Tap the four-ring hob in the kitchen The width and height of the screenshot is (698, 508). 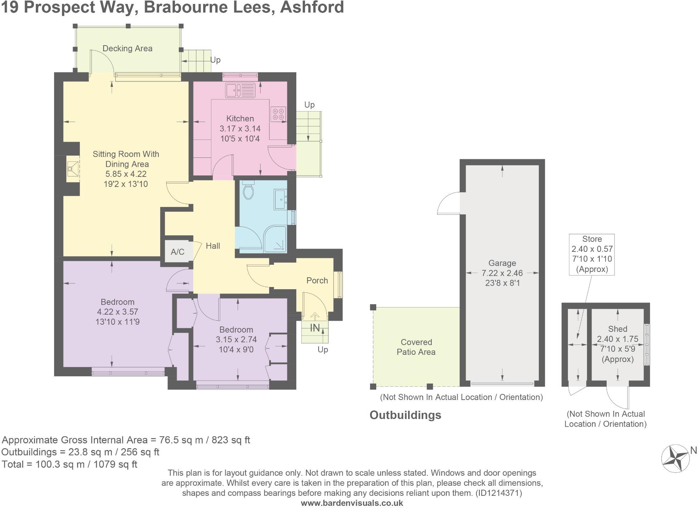tap(278, 114)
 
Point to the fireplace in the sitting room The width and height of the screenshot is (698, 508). tap(73, 169)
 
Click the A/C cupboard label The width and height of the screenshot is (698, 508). tap(177, 251)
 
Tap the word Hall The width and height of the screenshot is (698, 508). tap(213, 246)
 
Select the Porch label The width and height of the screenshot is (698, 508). tap(317, 281)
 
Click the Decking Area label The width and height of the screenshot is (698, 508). tap(127, 48)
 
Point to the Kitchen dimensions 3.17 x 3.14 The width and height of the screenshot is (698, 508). tap(240, 128)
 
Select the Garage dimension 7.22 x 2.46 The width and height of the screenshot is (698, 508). tap(502, 273)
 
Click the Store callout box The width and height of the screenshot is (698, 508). tap(592, 254)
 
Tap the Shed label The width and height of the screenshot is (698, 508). tap(617, 329)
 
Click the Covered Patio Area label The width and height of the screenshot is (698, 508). tap(416, 347)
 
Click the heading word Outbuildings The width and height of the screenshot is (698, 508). tap(405, 415)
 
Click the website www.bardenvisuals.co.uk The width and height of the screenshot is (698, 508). tap(352, 503)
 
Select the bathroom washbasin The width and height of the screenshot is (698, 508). tap(280, 199)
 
